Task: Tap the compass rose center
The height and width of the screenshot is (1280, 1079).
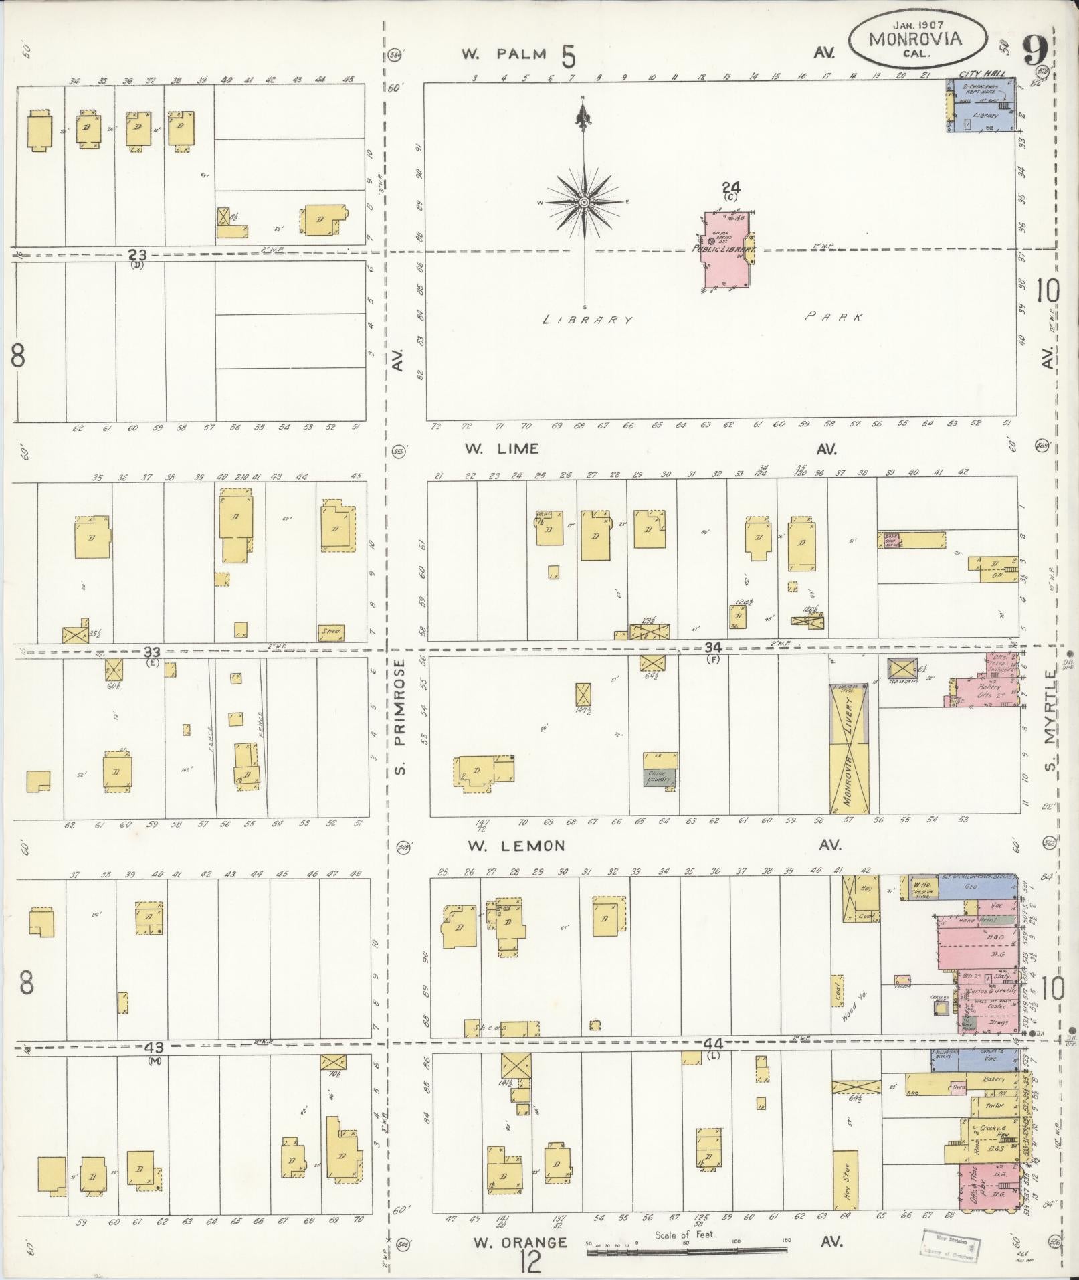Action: pyautogui.click(x=584, y=202)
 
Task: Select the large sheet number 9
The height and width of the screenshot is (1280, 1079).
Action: pyautogui.click(x=1036, y=50)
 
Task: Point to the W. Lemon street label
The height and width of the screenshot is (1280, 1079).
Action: pyautogui.click(x=516, y=846)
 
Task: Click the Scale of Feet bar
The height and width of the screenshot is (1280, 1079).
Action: pyautogui.click(x=686, y=1249)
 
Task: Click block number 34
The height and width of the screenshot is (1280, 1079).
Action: pyautogui.click(x=713, y=648)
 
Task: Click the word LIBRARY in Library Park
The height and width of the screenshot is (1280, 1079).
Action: pyautogui.click(x=587, y=320)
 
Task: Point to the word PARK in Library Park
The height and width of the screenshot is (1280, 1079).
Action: pyautogui.click(x=833, y=317)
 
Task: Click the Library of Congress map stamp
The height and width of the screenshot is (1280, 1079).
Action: pyautogui.click(x=947, y=1245)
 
